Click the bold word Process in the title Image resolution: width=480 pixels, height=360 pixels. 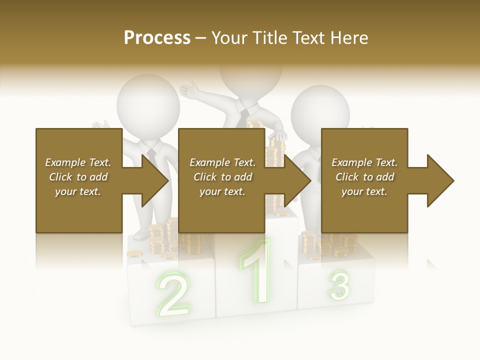(157, 38)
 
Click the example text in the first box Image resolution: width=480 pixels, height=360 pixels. (78, 177)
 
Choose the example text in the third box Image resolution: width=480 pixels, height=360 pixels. (364, 177)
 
